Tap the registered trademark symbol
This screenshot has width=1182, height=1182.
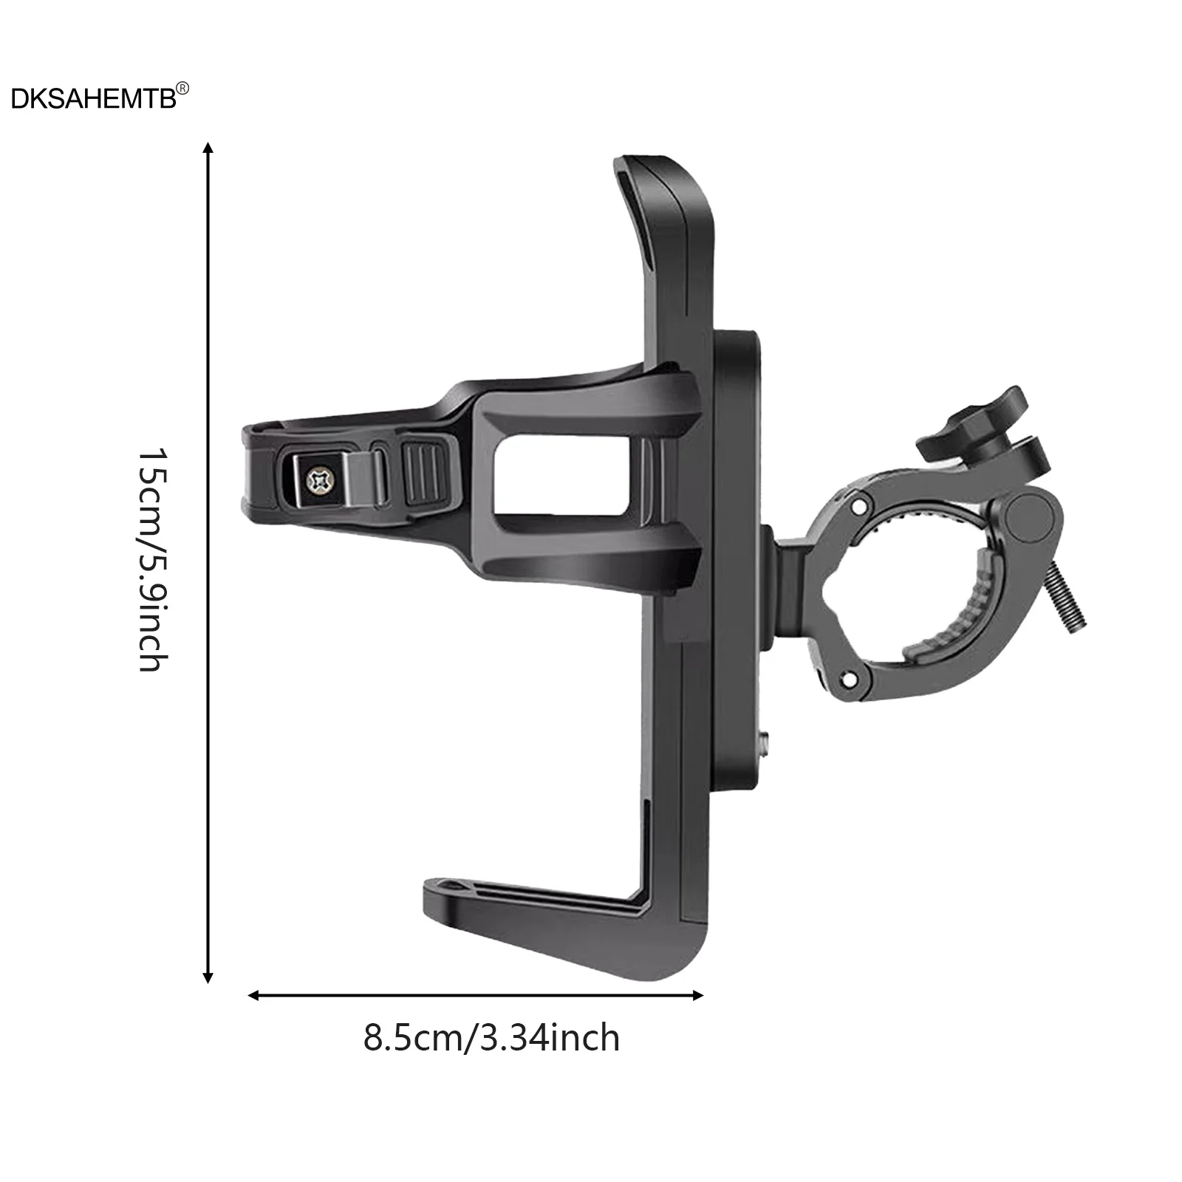183,89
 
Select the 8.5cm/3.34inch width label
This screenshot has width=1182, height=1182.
491,1038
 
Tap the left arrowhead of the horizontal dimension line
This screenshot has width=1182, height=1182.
254,996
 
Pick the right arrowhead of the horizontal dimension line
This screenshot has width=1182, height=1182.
697,996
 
